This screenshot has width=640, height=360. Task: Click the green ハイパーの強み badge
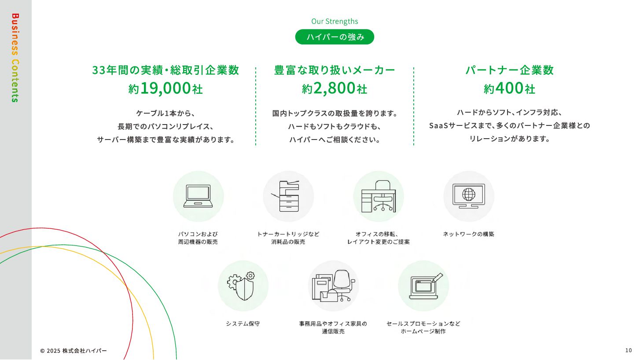(x=335, y=37)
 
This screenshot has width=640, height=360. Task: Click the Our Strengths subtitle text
(x=335, y=21)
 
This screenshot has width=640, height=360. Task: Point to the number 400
(x=509, y=88)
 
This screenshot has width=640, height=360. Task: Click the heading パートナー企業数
(x=509, y=70)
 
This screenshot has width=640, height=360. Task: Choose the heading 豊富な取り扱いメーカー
(x=335, y=70)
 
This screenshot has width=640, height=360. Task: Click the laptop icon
(x=198, y=196)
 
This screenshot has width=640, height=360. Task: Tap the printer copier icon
(x=288, y=196)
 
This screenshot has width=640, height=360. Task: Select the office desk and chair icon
(x=379, y=196)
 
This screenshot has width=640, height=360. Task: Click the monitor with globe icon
(x=469, y=196)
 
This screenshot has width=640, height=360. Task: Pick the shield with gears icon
(x=243, y=286)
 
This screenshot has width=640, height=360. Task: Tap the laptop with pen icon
(x=423, y=286)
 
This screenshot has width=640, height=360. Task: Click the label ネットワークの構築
(x=468, y=234)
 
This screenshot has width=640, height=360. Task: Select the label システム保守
(x=243, y=323)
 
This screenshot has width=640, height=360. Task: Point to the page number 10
(x=628, y=350)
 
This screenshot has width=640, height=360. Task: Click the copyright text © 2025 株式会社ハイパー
(x=74, y=351)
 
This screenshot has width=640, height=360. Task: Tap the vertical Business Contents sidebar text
(x=15, y=58)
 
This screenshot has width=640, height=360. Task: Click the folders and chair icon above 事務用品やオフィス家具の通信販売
(x=333, y=286)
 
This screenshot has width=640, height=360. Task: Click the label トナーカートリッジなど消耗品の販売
(x=288, y=238)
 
